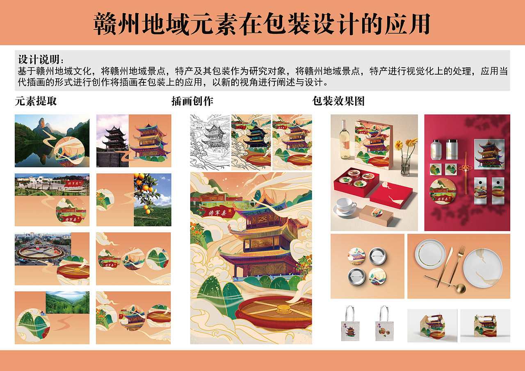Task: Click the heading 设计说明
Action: click(41, 59)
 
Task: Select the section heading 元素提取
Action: click(36, 101)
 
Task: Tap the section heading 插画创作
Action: click(192, 101)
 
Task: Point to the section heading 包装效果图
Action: click(338, 101)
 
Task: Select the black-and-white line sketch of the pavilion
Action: click(210, 142)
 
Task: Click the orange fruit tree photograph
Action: click(152, 199)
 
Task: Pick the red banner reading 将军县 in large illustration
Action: click(215, 212)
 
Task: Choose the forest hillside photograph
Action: click(67, 303)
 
